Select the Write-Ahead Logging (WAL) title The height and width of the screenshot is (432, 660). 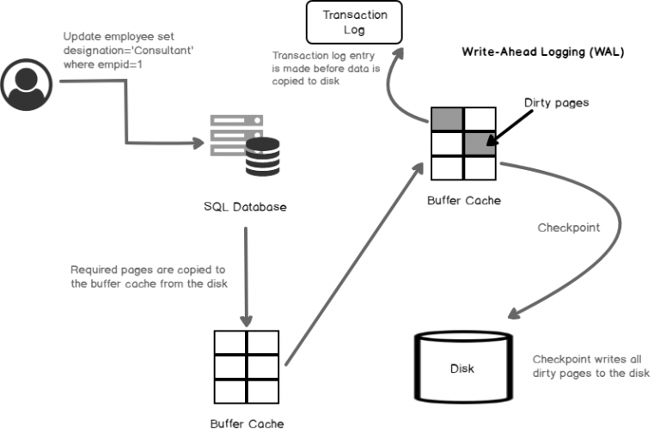coord(542,52)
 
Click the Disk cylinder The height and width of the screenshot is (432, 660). coord(461,369)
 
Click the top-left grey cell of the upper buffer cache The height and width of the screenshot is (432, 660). coord(447,119)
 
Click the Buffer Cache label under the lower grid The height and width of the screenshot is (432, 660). coord(247,423)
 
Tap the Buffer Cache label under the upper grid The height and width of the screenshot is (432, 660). coord(463,200)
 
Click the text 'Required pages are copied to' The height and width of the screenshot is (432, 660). coord(147,269)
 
